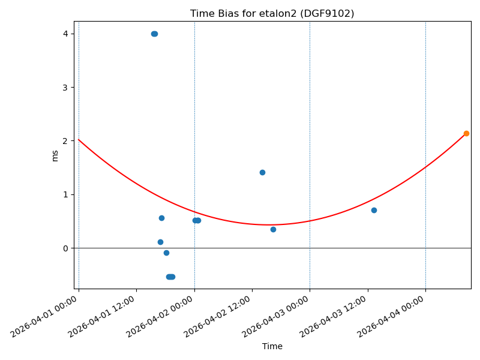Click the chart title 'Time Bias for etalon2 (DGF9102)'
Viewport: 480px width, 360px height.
tap(272, 13)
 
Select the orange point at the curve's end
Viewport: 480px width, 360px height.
tap(466, 133)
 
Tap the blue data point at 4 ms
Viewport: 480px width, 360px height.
tap(154, 34)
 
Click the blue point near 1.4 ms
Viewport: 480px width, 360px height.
tap(262, 172)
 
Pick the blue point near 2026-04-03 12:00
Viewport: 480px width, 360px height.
tap(374, 210)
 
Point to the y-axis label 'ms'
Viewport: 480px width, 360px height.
tap(55, 155)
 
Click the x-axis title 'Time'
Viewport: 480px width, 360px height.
tap(272, 346)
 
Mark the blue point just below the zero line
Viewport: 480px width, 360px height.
tap(166, 253)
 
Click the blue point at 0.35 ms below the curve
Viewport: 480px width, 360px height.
tap(273, 229)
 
